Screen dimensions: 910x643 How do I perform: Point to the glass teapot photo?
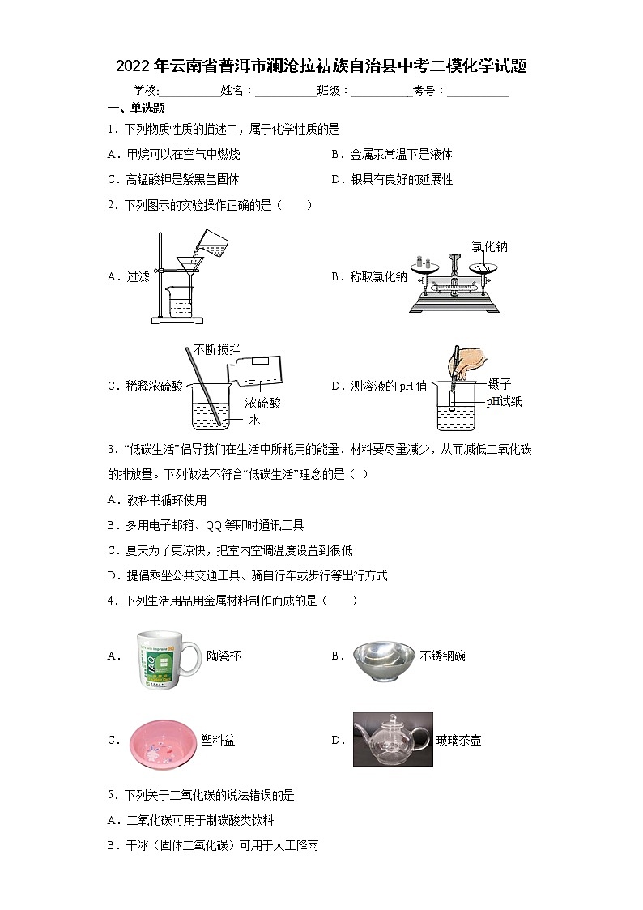393,739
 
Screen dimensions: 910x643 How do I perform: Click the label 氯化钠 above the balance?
489,246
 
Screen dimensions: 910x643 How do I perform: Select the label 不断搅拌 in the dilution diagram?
216,349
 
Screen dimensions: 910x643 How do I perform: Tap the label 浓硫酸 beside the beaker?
262,403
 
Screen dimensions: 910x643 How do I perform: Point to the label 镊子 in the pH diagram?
499,384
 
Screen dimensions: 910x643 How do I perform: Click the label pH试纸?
504,401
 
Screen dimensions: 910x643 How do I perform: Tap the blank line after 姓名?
286,92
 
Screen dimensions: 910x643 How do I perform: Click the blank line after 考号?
478,92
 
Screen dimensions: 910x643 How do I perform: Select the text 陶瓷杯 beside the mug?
224,656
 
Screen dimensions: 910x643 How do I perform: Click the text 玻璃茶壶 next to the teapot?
458,740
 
